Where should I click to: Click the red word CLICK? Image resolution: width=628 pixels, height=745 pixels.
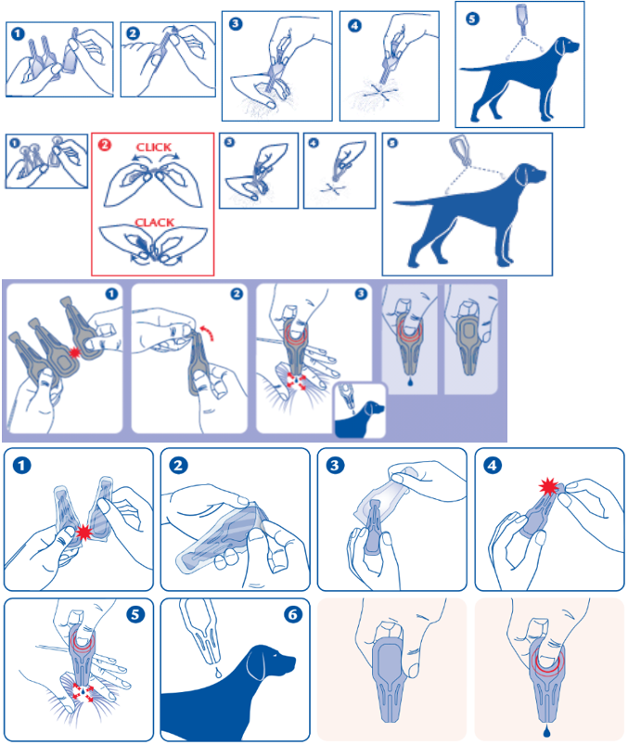(153, 148)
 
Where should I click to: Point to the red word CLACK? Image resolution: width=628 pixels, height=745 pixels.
(154, 223)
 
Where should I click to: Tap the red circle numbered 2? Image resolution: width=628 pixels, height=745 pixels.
(105, 144)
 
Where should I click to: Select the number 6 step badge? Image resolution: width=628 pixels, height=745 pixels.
(293, 614)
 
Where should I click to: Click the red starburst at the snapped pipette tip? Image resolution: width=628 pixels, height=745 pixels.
(548, 487)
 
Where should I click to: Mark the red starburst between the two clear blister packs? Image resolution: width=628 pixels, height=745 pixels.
(84, 533)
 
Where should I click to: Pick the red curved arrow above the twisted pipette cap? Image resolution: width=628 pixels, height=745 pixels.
(207, 332)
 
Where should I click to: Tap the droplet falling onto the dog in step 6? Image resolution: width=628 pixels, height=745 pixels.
(218, 673)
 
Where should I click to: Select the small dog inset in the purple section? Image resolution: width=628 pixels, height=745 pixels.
(360, 410)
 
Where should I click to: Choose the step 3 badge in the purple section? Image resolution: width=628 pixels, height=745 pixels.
(361, 293)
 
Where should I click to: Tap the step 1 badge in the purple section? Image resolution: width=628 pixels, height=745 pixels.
(111, 293)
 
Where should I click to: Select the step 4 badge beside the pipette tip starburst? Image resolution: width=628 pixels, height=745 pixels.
(493, 465)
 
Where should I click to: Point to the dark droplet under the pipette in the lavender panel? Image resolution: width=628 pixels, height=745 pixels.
(410, 381)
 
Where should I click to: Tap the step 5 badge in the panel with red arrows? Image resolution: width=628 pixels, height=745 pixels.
(135, 614)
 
